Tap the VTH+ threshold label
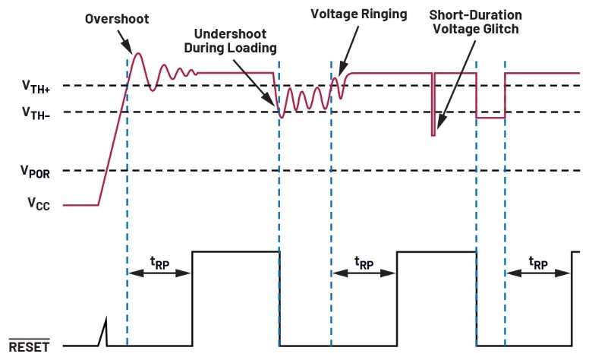(x=36, y=86)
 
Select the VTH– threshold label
(x=36, y=112)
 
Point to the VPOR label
(x=36, y=171)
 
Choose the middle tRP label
(x=364, y=262)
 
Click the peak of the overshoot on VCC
(x=138, y=53)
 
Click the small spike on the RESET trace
(x=106, y=332)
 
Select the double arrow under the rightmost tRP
(x=538, y=275)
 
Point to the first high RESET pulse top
(x=235, y=251)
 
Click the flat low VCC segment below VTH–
(x=490, y=118)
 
